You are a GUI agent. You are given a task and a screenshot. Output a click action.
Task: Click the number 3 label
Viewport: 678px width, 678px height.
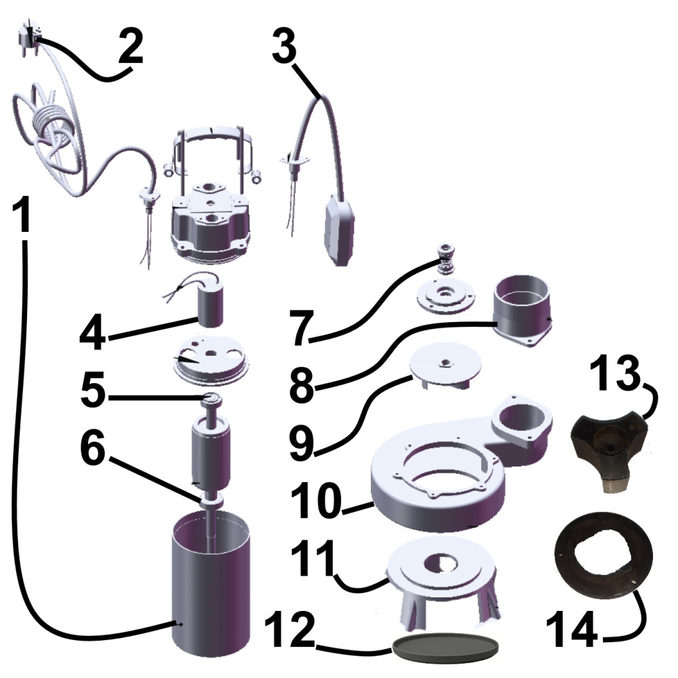(284, 44)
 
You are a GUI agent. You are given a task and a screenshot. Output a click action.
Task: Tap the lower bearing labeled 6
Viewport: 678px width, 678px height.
(211, 501)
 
